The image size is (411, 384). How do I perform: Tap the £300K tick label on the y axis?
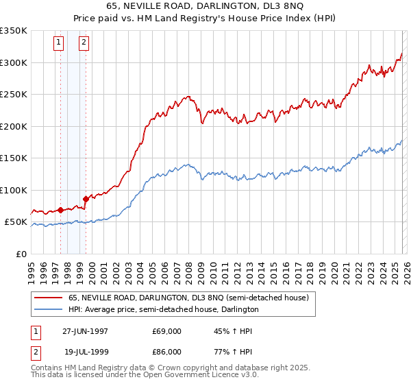coord(14,62)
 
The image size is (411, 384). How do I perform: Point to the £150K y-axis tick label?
coord(14,158)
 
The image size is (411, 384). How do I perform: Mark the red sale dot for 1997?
coord(60,210)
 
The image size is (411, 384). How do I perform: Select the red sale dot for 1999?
coord(86,199)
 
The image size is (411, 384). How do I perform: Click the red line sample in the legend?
coord(49,298)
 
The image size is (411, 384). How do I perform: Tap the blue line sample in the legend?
coord(49,309)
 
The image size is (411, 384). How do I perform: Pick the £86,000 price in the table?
coord(166,352)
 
